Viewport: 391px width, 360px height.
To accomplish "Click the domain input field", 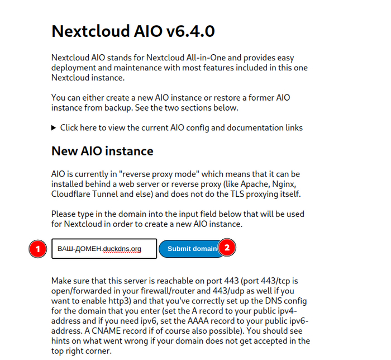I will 104,249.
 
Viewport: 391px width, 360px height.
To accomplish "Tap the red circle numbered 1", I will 37,249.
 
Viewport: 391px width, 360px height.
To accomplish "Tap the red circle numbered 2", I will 227,247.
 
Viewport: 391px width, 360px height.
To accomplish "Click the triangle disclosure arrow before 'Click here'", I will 54,127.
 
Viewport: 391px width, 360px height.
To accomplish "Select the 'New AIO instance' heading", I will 102,151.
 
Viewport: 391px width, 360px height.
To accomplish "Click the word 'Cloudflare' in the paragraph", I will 71,194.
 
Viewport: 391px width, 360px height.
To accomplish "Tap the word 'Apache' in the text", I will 253,184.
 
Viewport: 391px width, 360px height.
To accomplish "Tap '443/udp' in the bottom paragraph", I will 229,291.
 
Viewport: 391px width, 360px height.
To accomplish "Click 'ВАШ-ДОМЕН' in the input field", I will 80,249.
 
